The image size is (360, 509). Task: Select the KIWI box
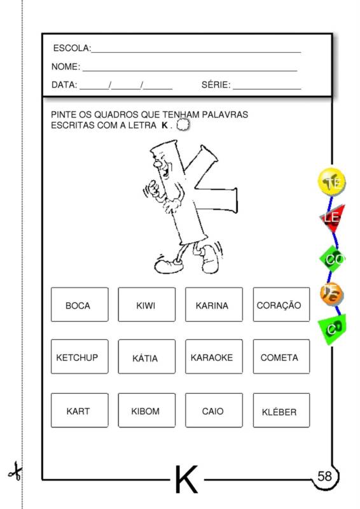(146, 305)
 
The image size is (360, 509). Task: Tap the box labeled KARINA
(214, 305)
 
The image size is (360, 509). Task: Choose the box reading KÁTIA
(146, 358)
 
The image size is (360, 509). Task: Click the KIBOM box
(146, 410)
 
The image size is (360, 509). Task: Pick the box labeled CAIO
(214, 410)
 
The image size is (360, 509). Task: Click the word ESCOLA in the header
(71, 48)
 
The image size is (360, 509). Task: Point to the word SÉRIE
(215, 85)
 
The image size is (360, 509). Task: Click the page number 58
(324, 476)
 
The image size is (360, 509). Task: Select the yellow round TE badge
(331, 182)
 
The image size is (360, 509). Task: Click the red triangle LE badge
(332, 218)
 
